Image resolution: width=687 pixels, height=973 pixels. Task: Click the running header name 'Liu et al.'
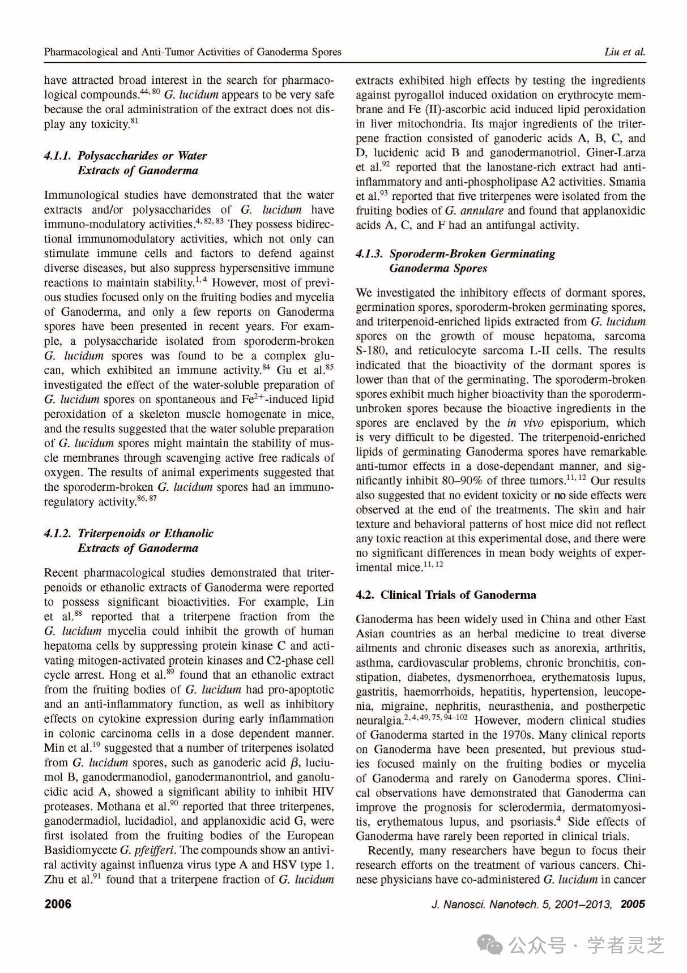pyautogui.click(x=625, y=52)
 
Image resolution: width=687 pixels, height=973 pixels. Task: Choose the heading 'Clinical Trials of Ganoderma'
pyautogui.click(x=458, y=595)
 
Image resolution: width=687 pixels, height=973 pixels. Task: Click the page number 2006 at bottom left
pyautogui.click(x=58, y=904)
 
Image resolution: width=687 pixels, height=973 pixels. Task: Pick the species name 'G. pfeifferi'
pyautogui.click(x=147, y=850)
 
